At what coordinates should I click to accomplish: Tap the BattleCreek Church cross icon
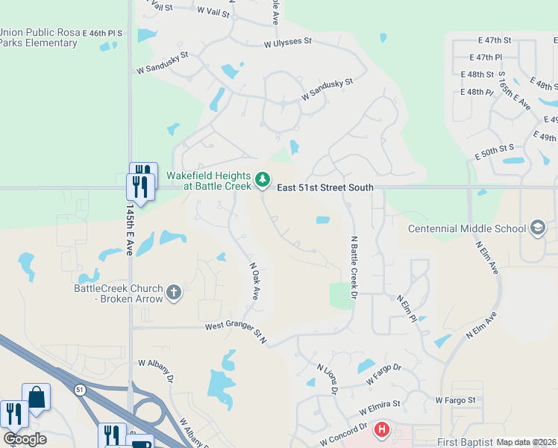click(174, 292)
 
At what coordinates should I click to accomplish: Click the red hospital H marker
click(382, 430)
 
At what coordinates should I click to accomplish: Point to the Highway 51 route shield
click(80, 389)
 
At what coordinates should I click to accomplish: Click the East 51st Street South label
click(325, 188)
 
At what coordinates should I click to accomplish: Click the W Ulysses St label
click(287, 43)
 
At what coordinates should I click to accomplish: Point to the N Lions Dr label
click(328, 379)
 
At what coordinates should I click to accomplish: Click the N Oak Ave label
click(253, 280)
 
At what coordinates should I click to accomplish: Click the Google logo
click(25, 439)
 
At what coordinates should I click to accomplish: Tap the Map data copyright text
click(526, 442)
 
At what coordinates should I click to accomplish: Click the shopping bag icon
click(36, 397)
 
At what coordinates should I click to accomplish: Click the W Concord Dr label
click(344, 434)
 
